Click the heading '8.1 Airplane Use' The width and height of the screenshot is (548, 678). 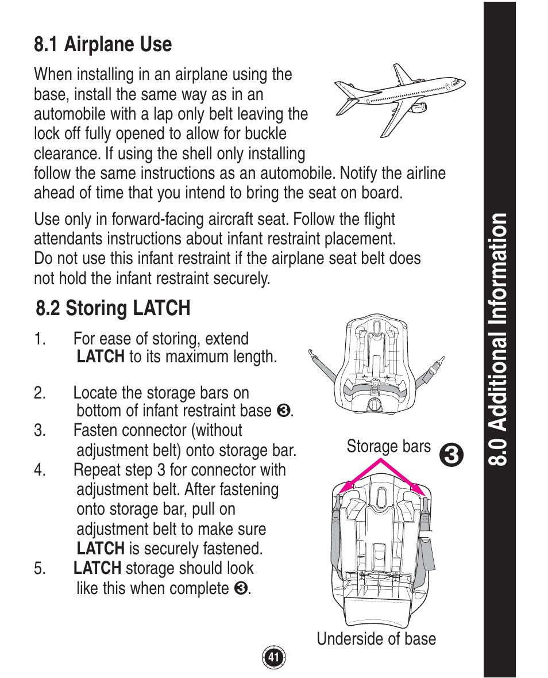click(x=103, y=44)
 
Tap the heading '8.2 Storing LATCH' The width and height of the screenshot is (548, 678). click(x=113, y=308)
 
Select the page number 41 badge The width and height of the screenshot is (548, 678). click(x=274, y=657)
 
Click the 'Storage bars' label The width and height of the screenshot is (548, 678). click(x=388, y=447)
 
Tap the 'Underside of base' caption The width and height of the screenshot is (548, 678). click(x=376, y=639)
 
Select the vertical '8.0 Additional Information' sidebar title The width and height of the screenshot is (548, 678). click(x=499, y=339)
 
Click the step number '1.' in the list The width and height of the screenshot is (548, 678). click(x=39, y=339)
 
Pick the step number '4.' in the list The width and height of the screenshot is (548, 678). click(x=39, y=470)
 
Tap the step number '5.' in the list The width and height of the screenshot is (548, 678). click(x=39, y=569)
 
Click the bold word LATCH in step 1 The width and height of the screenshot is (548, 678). click(x=100, y=357)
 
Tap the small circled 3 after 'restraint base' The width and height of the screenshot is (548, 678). click(x=282, y=411)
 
